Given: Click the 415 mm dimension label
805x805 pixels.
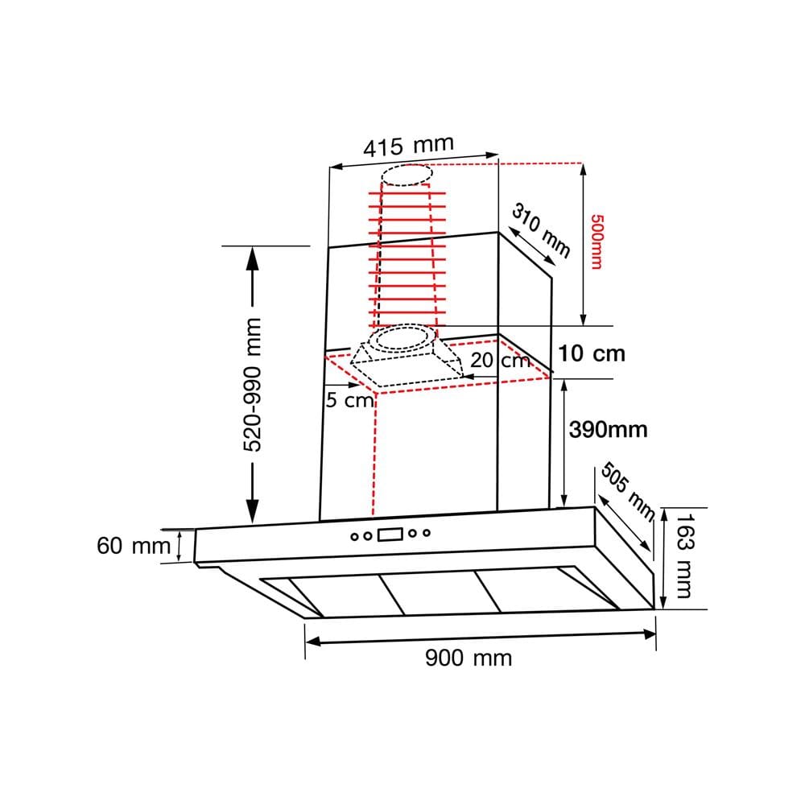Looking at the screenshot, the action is tap(409, 146).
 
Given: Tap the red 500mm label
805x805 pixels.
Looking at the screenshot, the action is tap(597, 242).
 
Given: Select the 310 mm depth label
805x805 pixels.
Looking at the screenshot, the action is tap(541, 230).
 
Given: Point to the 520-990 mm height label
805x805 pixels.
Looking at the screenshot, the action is tap(252, 385).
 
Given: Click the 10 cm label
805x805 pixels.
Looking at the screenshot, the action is tap(592, 353).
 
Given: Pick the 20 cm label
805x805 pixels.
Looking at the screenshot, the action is tap(500, 360).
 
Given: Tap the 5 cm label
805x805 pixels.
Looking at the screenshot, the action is tap(349, 400).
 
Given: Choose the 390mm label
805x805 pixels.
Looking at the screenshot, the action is tap(609, 429).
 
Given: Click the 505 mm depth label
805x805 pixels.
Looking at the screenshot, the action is tap(628, 491).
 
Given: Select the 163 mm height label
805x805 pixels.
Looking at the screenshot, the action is tap(684, 555).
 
